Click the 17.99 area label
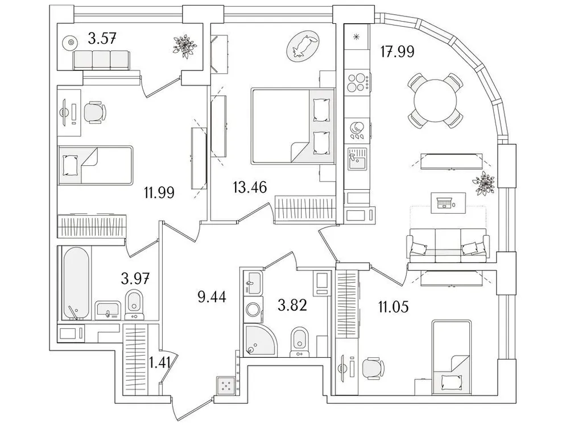click(396, 52)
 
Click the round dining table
click(435, 101)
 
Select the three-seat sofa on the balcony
click(101, 59)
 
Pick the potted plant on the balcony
click(184, 44)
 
